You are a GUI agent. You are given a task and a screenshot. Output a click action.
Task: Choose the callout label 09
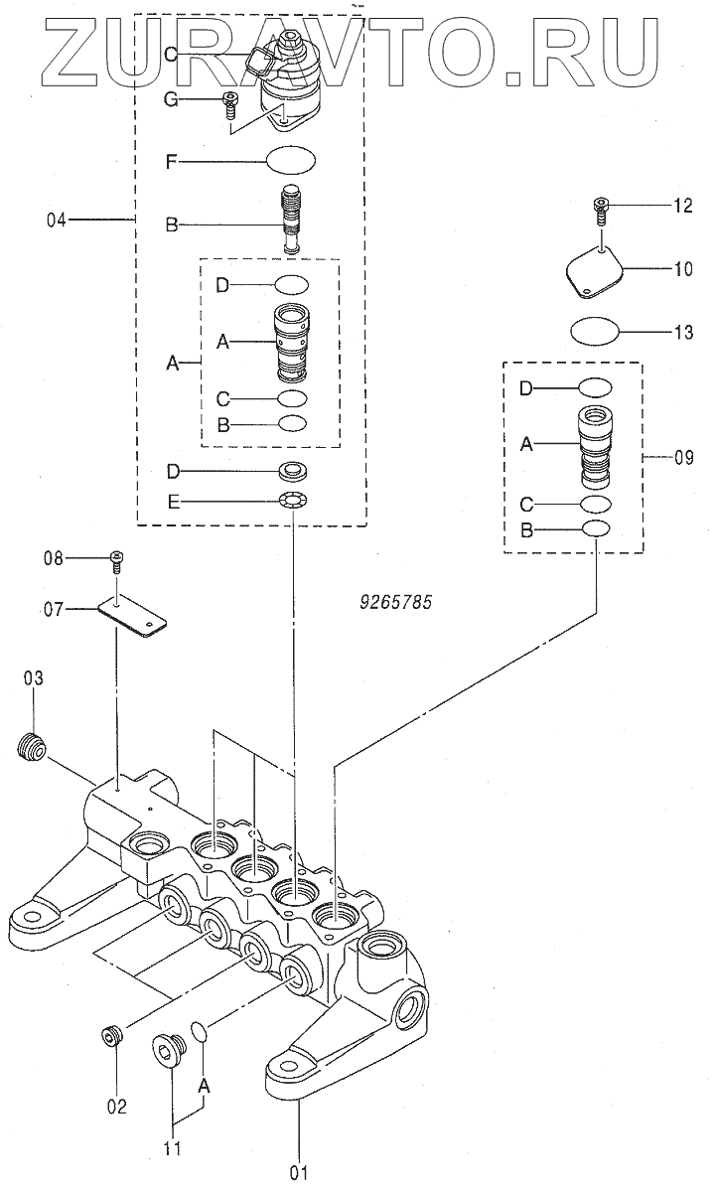[x=684, y=459]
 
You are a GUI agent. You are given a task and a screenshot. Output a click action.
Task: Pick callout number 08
[x=53, y=558]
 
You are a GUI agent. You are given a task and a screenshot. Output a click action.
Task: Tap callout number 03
[x=34, y=678]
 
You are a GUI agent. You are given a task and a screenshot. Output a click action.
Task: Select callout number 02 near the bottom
[x=117, y=1106]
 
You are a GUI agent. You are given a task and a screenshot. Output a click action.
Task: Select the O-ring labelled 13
[x=593, y=330]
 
